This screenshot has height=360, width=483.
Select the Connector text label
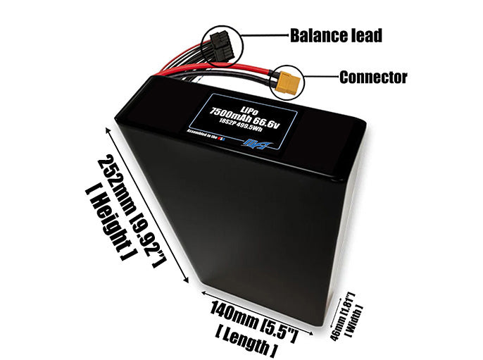(x=372, y=77)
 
